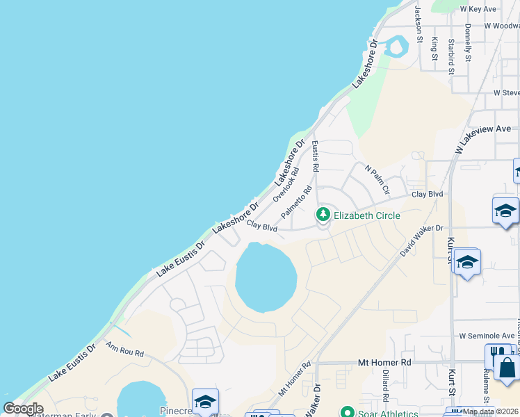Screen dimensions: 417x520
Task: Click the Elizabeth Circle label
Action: (x=367, y=215)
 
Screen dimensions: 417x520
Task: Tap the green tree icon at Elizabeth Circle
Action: (x=323, y=214)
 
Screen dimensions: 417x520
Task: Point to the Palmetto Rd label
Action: (x=297, y=202)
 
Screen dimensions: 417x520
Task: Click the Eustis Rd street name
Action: (x=315, y=156)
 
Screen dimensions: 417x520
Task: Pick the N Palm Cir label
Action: (x=377, y=179)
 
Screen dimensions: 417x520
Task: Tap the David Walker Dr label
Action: (x=421, y=240)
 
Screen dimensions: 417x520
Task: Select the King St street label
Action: (x=434, y=49)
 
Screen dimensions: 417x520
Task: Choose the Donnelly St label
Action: (x=469, y=42)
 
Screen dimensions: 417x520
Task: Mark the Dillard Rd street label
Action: (x=384, y=386)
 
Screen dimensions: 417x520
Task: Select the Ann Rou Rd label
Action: (x=125, y=349)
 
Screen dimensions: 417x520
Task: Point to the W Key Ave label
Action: (x=478, y=9)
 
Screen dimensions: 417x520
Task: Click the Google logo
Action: (x=23, y=409)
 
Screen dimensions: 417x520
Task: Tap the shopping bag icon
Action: (x=506, y=368)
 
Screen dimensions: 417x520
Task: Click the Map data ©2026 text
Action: (x=491, y=411)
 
